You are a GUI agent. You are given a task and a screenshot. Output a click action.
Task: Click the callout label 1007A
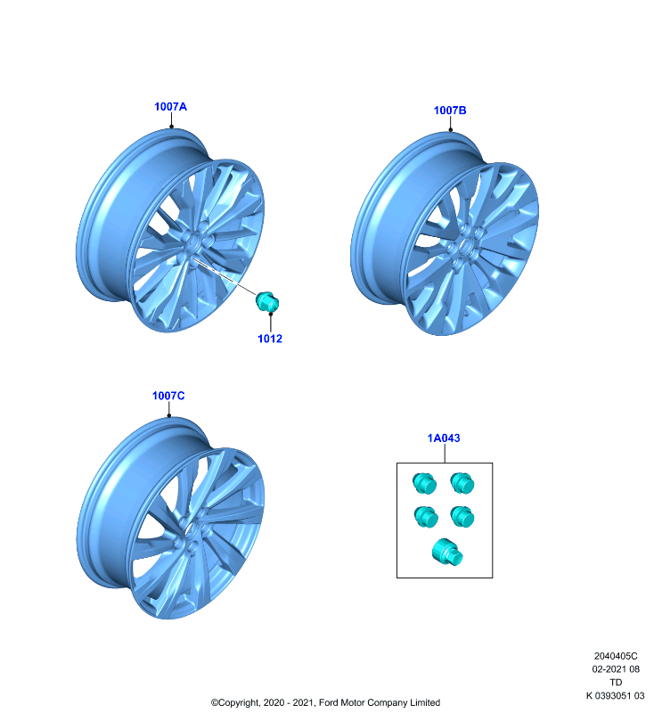tap(170, 106)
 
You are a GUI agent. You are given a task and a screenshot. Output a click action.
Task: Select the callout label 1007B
tap(450, 110)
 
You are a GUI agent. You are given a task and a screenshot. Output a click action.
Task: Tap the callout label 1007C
tap(168, 396)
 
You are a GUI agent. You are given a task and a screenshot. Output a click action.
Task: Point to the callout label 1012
tap(270, 339)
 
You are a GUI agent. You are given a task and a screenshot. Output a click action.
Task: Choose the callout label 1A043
tap(444, 438)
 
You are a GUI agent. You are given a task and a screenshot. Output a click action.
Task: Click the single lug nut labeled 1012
tap(266, 302)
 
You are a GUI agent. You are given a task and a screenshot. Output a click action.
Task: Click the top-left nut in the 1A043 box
tap(424, 483)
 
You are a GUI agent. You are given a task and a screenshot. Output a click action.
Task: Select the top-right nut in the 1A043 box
tap(462, 483)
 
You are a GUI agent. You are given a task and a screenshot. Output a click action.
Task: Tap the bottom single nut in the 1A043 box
tap(447, 552)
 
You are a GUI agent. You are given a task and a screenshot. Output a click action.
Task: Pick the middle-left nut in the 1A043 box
tap(426, 517)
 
